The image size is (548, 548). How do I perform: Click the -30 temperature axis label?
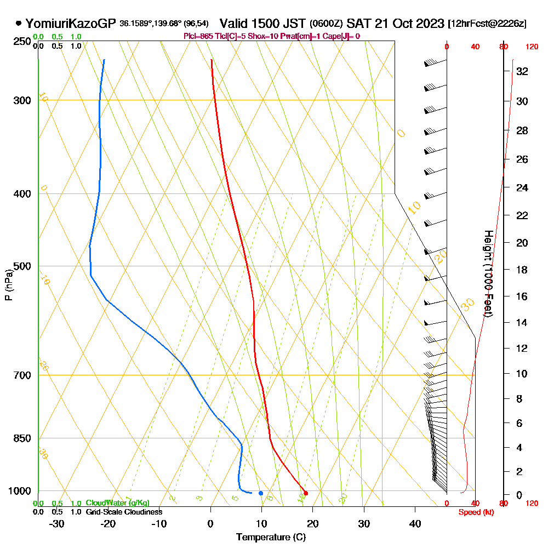click(x=57, y=524)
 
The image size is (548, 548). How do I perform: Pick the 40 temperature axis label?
click(x=415, y=524)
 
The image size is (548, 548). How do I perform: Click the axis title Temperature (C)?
click(x=271, y=538)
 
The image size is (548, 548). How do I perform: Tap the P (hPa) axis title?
click(x=8, y=285)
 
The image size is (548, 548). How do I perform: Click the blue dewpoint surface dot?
click(x=261, y=493)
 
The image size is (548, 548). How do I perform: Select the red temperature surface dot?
click(x=306, y=493)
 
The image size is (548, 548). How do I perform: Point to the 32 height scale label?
click(x=522, y=71)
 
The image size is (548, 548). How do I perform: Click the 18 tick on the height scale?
click(x=522, y=270)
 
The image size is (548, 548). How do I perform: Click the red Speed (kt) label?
click(x=475, y=512)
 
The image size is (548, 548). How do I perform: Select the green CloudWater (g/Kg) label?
click(x=117, y=503)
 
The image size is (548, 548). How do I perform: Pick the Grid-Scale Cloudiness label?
click(x=124, y=512)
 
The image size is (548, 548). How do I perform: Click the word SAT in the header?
click(x=359, y=24)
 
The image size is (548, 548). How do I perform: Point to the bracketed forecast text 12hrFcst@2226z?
click(x=487, y=24)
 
